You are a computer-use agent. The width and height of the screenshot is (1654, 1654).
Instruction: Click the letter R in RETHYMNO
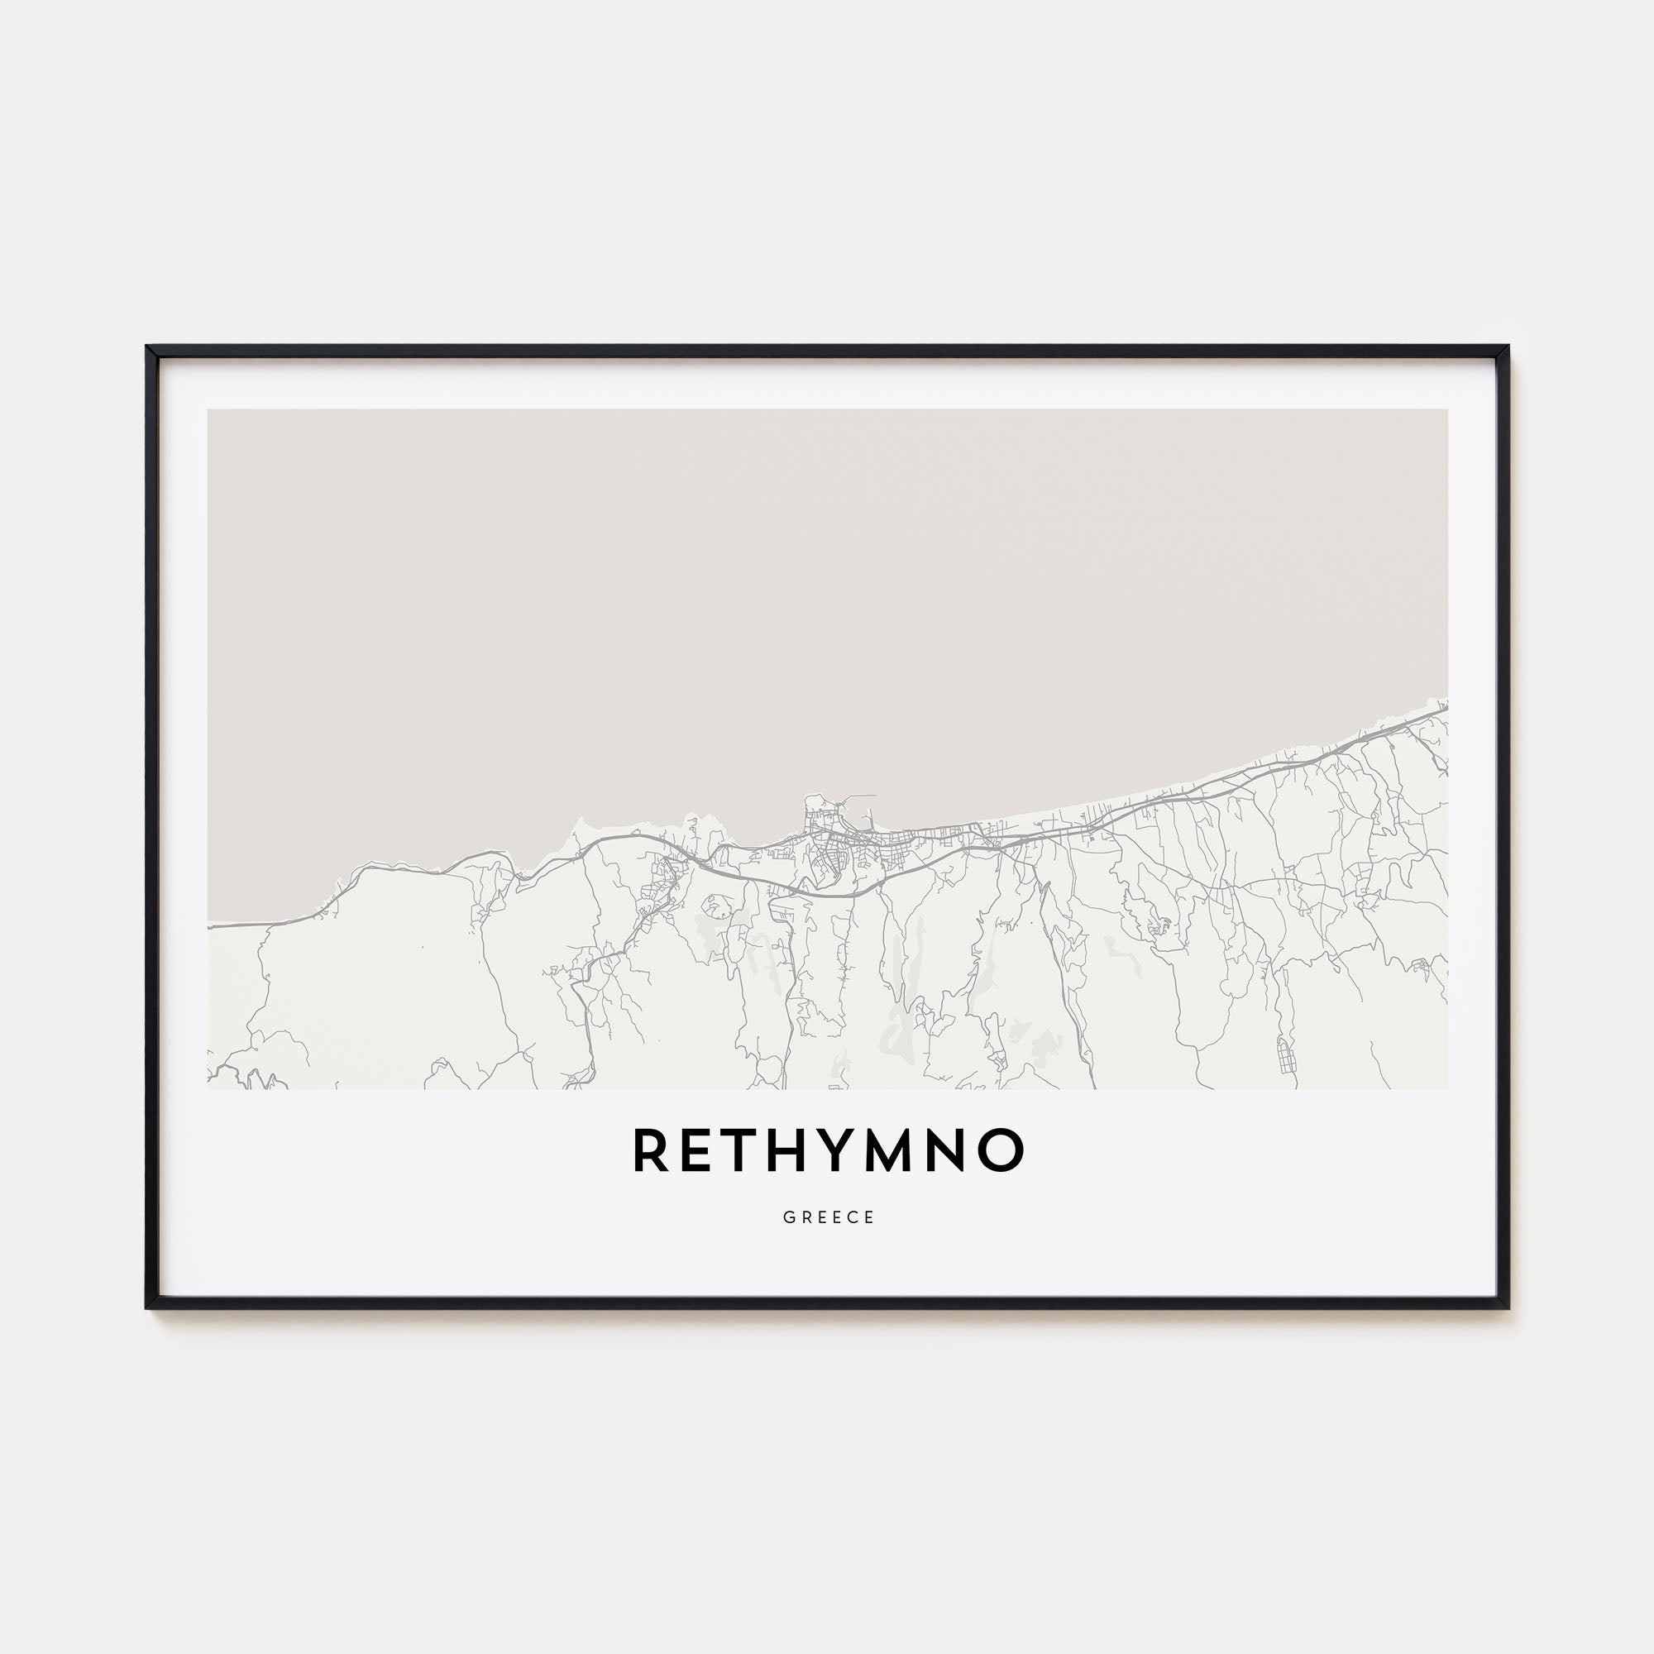pos(650,1150)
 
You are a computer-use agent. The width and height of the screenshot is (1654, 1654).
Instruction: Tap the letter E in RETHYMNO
pos(700,1150)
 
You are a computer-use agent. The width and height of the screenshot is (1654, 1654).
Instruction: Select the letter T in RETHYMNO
pos(746,1150)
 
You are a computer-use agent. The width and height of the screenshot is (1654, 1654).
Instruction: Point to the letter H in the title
pos(798,1150)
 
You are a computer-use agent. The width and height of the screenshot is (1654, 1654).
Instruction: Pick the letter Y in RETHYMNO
pos(851,1150)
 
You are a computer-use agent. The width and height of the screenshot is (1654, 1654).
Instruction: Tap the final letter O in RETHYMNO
pos(1007,1150)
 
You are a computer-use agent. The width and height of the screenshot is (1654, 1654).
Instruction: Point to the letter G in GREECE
pos(787,1217)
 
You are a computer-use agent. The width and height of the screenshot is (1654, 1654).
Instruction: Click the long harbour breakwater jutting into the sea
pos(856,797)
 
